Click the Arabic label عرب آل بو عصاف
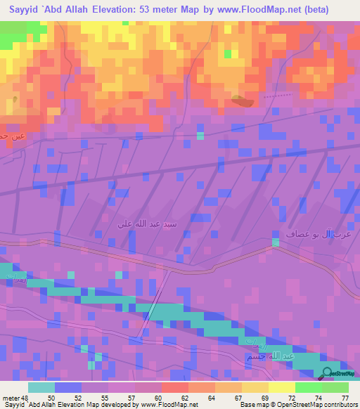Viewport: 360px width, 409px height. pyautogui.click(x=323, y=233)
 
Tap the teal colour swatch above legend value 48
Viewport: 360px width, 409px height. pyautogui.click(x=41, y=387)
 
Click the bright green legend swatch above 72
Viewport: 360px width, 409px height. pyautogui.click(x=308, y=387)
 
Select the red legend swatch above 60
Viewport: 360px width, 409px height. pyautogui.click(x=174, y=387)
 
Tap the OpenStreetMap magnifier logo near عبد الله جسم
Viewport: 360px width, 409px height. pyautogui.click(x=328, y=373)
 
